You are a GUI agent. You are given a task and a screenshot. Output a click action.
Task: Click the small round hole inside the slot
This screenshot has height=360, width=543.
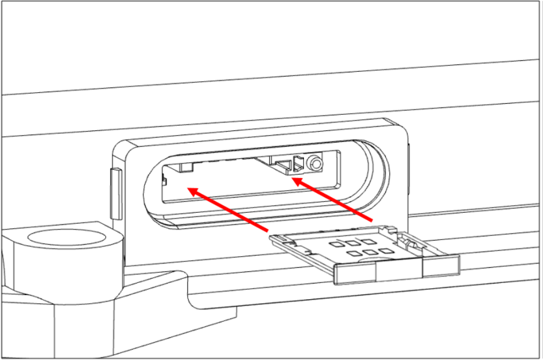pos(315,165)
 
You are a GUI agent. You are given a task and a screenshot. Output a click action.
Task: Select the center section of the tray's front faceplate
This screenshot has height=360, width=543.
pos(400,268)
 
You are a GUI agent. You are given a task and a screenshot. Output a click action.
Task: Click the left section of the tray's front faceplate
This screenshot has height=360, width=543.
pos(355,272)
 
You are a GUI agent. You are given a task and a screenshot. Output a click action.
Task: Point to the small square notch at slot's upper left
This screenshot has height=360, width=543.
pos(186,167)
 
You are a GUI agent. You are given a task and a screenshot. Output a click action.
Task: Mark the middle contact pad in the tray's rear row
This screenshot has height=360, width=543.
pos(350,243)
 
